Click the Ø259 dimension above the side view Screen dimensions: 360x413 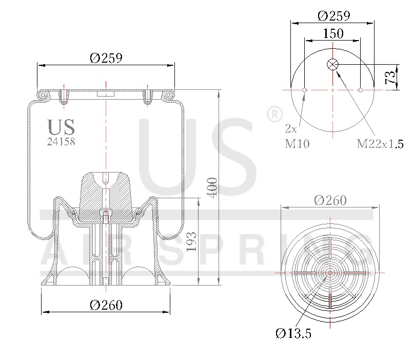pyautogui.click(x=106, y=58)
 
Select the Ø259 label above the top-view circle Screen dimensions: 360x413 pyautogui.click(x=333, y=15)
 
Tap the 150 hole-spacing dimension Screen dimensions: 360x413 pyautogui.click(x=333, y=33)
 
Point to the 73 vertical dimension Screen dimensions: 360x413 pyautogui.click(x=390, y=77)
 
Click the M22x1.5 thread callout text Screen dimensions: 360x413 pyautogui.click(x=381, y=143)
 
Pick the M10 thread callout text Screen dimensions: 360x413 pyautogui.click(x=297, y=143)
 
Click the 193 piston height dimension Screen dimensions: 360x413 pyautogui.click(x=192, y=241)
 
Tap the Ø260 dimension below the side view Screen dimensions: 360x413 pyautogui.click(x=106, y=305)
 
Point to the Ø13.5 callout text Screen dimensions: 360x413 pyautogui.click(x=293, y=334)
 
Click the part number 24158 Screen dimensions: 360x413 pyautogui.click(x=61, y=142)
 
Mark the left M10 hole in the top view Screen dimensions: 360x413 pyautogui.click(x=304, y=90)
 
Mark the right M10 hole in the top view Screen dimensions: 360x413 pyautogui.click(x=361, y=90)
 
